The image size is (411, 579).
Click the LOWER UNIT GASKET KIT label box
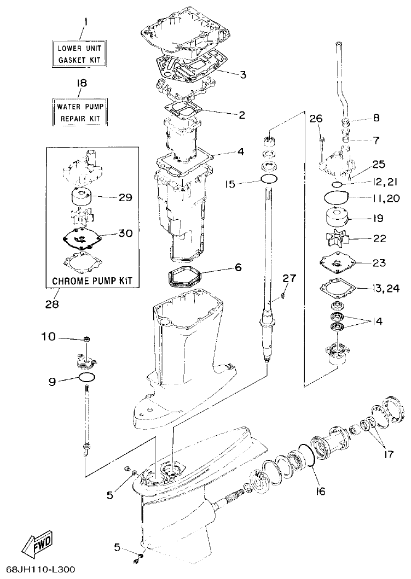[x=79, y=54]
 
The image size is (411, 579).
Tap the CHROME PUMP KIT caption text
[x=92, y=281]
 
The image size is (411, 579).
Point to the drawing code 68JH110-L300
[x=38, y=570]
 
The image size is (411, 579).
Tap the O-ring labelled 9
[x=88, y=378]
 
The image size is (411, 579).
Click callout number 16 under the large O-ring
[x=320, y=491]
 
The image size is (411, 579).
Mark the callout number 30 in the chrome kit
[x=125, y=233]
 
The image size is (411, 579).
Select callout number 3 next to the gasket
[x=242, y=74]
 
